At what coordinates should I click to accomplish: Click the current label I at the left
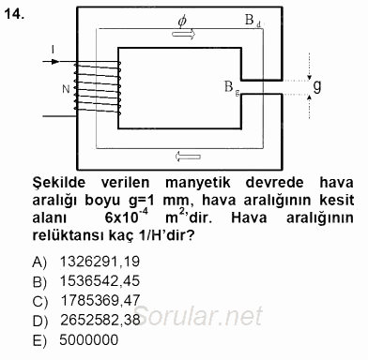[54, 48]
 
